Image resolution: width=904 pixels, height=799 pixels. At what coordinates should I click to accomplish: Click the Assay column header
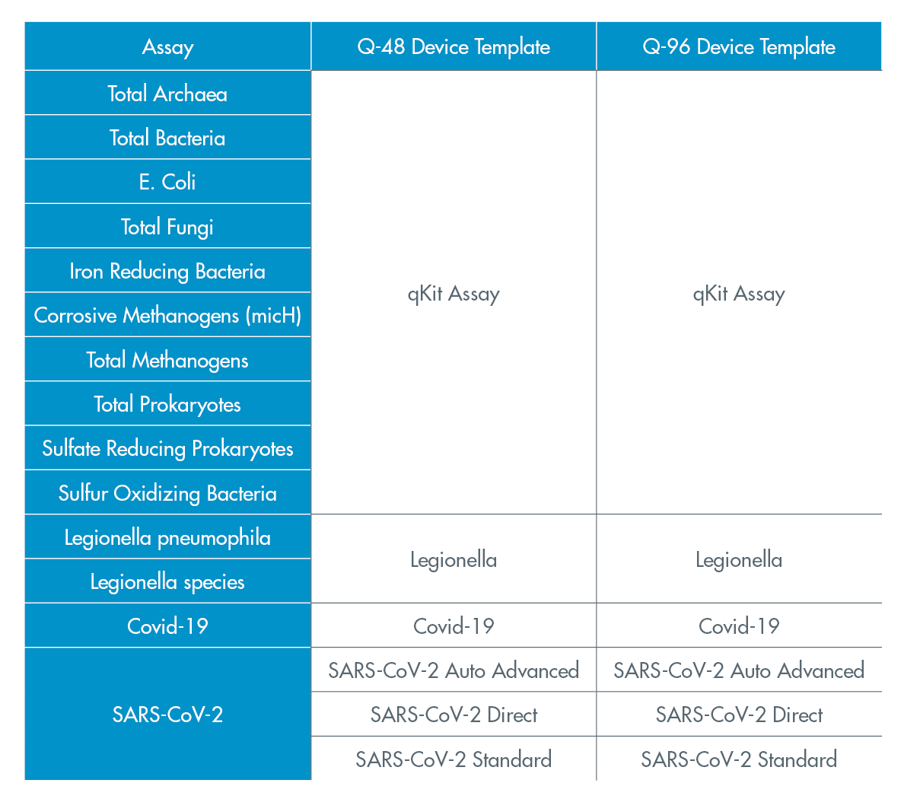[167, 47]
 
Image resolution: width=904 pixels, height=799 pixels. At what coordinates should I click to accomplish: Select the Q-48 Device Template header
[454, 46]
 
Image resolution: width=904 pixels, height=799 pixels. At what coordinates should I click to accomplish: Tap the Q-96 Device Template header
[739, 46]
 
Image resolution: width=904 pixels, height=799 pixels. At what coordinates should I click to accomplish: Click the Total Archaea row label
[167, 94]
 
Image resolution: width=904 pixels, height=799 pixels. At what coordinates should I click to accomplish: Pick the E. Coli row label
[167, 182]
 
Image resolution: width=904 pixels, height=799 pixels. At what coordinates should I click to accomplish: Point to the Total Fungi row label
[167, 227]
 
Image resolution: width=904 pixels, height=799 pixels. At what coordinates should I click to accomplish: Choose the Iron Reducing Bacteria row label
[167, 272]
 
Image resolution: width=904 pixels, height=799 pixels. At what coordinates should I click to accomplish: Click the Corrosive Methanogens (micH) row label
[167, 316]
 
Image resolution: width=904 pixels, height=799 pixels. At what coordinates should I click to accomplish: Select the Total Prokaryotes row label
[167, 405]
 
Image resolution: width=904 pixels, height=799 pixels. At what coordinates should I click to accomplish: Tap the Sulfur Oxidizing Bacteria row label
[167, 493]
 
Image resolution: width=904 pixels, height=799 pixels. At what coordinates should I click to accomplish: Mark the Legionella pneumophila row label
[167, 538]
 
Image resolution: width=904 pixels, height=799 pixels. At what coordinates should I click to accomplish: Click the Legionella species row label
[167, 582]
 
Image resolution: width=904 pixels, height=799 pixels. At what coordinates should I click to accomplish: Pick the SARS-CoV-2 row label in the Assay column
[167, 715]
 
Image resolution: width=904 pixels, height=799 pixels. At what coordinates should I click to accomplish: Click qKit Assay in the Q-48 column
[454, 294]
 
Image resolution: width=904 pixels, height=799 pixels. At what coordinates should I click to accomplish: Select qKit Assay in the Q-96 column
[739, 294]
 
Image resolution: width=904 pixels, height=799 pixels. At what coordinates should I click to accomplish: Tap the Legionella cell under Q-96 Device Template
[739, 560]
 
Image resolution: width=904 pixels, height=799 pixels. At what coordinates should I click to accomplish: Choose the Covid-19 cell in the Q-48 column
[454, 626]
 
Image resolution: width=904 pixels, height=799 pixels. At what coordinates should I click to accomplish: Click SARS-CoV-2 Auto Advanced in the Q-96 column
[739, 670]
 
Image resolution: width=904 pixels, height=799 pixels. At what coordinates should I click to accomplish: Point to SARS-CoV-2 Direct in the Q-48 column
[454, 715]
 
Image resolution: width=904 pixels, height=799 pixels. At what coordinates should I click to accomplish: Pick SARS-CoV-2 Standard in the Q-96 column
[739, 759]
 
